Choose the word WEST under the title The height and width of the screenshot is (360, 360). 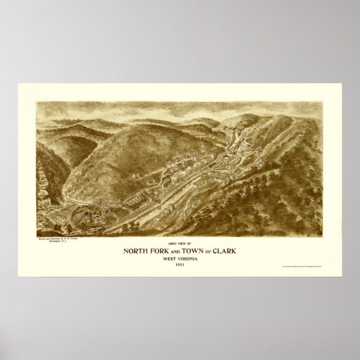coord(168,258)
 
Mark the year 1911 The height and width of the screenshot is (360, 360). coord(180,266)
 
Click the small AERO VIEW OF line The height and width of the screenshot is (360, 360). coord(180,244)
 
